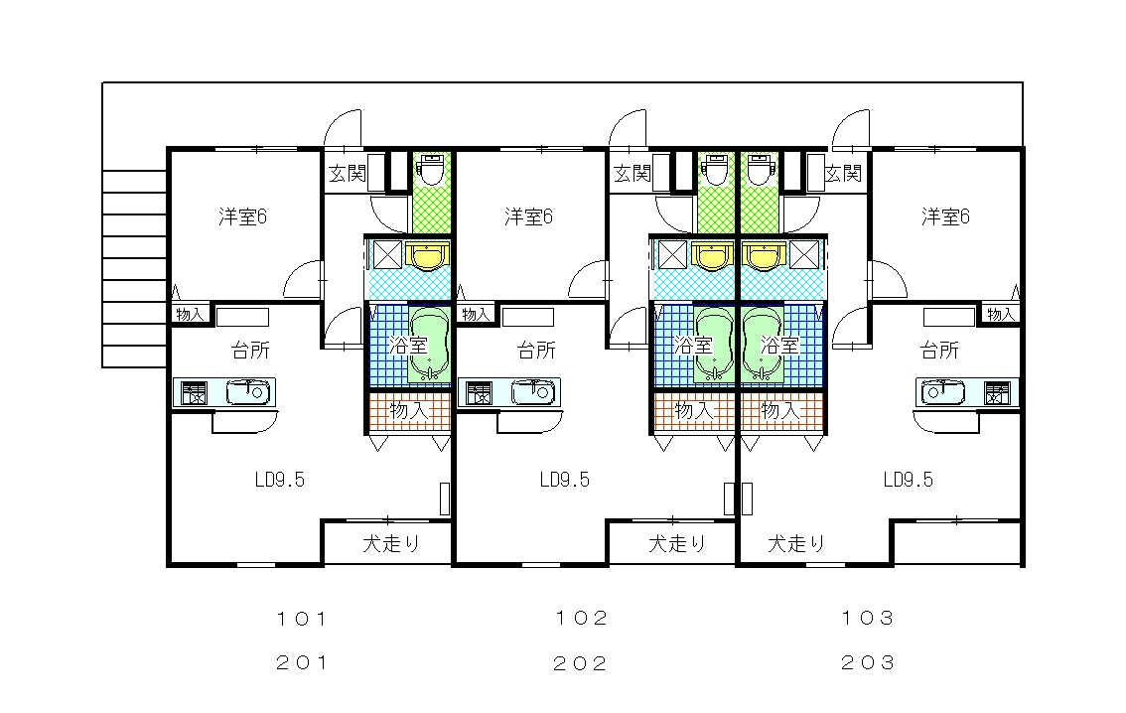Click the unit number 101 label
302,619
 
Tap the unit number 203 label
868,662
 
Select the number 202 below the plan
580,663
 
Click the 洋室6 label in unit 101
242,216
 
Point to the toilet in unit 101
432,170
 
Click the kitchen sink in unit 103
944,393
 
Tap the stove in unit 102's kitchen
479,393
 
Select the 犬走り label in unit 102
677,543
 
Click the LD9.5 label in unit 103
909,480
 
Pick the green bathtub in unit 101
429,346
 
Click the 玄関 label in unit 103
842,173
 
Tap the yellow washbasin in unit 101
427,255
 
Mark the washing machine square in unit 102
672,255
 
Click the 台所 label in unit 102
536,351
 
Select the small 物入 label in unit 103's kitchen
1000,314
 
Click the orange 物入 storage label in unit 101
409,411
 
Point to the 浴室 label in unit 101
408,347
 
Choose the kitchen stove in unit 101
194,393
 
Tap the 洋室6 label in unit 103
945,216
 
